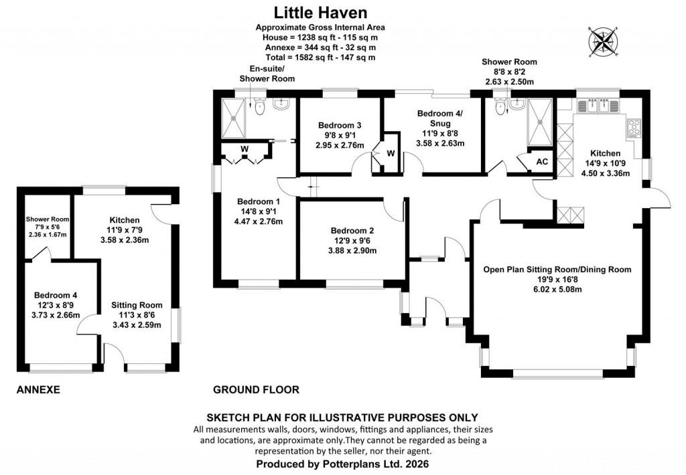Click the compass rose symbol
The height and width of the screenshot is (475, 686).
[x=603, y=42]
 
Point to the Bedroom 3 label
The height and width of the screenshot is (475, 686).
[x=340, y=125]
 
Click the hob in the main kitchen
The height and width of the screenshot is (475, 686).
[x=633, y=125]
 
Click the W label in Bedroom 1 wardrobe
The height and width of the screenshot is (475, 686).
[x=245, y=149]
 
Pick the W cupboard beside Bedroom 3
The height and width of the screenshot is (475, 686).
[x=390, y=153]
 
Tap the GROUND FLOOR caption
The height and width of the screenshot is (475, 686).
[x=256, y=389]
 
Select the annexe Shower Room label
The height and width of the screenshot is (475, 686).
[x=48, y=219]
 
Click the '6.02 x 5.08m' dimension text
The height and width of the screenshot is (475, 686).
[x=557, y=290]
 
